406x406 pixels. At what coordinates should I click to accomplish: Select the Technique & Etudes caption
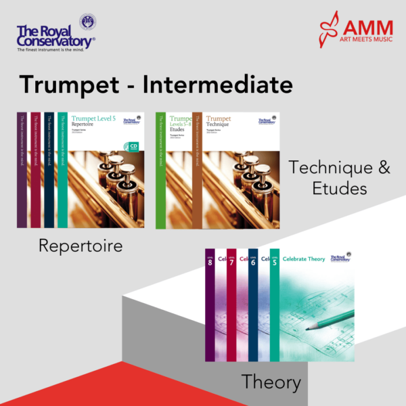[x=339, y=177]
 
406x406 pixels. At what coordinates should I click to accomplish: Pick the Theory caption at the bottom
[x=271, y=382]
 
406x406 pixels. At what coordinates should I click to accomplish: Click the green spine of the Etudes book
[x=160, y=169]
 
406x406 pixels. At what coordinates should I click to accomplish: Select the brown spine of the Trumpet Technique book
[x=198, y=169]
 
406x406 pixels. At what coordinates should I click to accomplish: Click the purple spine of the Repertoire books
[x=22, y=169]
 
